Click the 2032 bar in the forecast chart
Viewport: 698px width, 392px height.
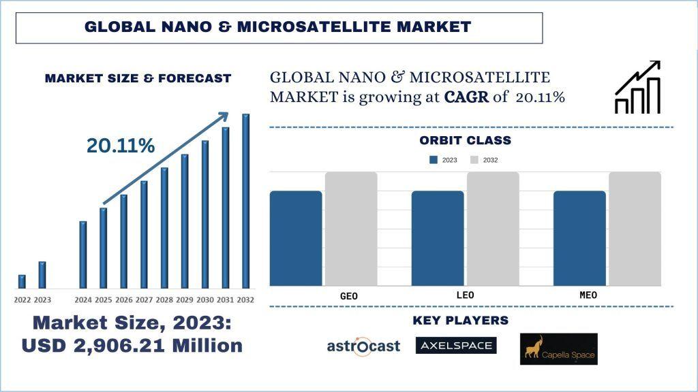[246, 201]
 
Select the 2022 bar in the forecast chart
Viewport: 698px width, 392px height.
[22, 281]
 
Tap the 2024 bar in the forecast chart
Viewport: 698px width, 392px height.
[83, 255]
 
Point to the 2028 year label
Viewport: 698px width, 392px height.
[164, 300]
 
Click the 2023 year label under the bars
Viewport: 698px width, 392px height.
[42, 300]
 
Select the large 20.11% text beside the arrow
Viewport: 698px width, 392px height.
[121, 146]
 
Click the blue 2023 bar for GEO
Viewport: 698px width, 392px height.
[296, 238]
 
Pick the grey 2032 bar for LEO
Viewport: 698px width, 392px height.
[493, 229]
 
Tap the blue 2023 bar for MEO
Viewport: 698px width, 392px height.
[579, 238]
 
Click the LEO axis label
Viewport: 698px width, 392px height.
[464, 295]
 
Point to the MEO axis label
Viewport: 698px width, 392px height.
[587, 295]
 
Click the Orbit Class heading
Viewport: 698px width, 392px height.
[465, 141]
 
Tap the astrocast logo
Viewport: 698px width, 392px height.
[363, 346]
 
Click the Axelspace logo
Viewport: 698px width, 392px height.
[456, 346]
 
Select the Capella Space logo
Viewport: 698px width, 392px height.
[558, 348]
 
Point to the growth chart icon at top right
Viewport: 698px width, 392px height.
[638, 87]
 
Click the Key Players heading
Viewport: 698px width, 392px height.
[461, 321]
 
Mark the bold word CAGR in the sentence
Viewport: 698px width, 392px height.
[466, 97]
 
